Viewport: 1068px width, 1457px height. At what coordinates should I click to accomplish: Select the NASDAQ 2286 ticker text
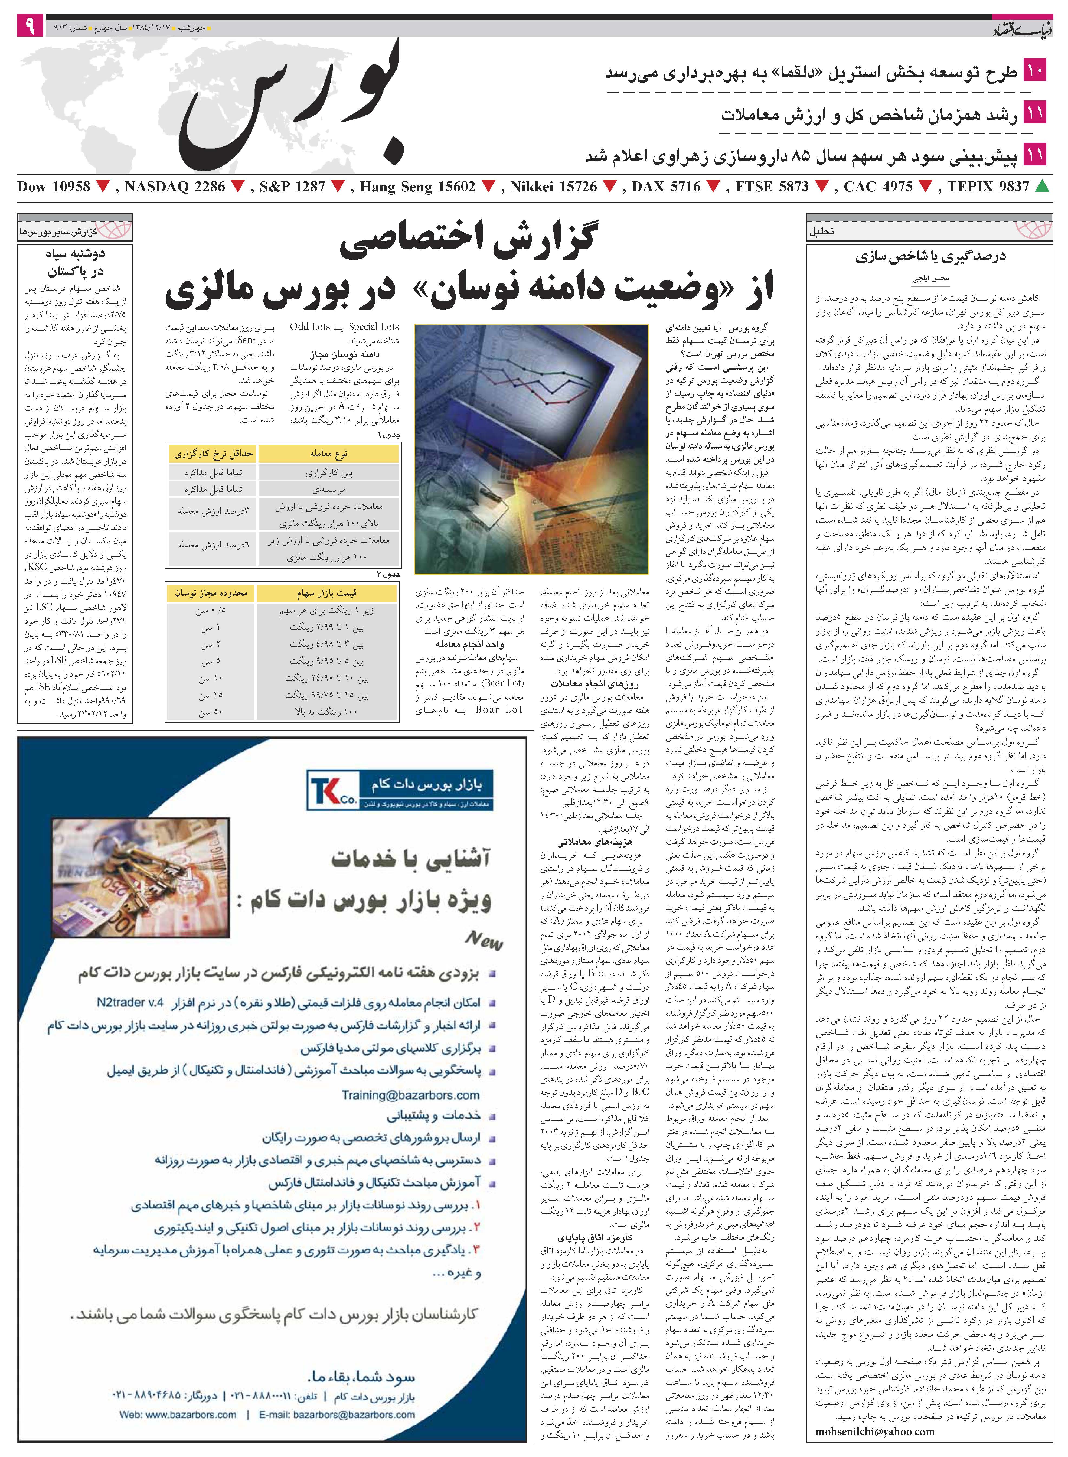pos(175,187)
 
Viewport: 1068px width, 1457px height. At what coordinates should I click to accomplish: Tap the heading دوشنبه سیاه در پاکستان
pos(75,262)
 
